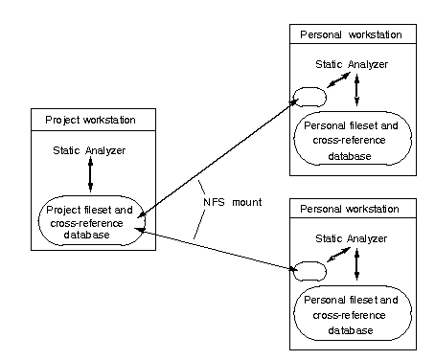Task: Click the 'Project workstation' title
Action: [x=90, y=120]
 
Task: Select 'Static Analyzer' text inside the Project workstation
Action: [x=90, y=150]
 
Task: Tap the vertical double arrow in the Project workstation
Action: [x=90, y=175]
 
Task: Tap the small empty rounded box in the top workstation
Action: [x=310, y=97]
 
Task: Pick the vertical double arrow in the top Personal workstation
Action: [x=356, y=90]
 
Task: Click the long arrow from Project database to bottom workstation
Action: [x=216, y=251]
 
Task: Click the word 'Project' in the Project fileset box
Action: [x=67, y=211]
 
